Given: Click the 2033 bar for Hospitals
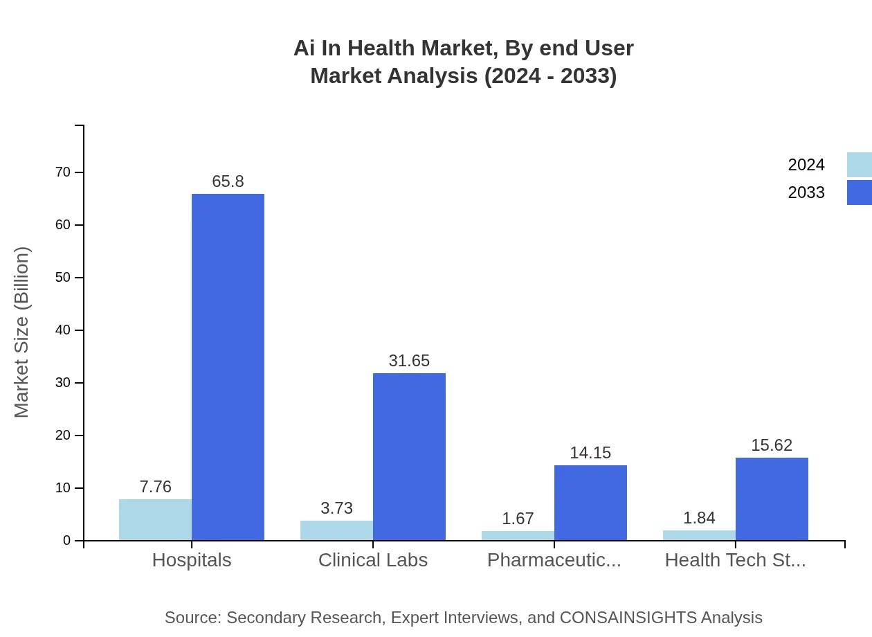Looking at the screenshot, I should click(x=228, y=367).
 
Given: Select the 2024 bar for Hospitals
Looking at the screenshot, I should click(x=155, y=520).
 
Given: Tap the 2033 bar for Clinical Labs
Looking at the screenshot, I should click(x=409, y=457).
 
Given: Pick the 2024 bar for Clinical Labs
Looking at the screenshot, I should click(x=336, y=530).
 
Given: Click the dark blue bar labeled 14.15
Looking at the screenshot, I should click(x=590, y=503).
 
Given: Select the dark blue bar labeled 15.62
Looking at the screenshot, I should click(x=772, y=499).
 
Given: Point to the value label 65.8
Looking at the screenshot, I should click(x=228, y=181).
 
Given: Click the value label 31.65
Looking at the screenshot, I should click(x=409, y=361).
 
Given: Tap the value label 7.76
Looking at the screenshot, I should click(x=155, y=487).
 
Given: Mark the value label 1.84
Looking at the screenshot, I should click(x=699, y=518).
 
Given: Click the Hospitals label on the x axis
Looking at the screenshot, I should click(x=192, y=560).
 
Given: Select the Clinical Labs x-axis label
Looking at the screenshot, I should click(x=373, y=560).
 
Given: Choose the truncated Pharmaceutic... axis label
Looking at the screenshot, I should click(x=554, y=560).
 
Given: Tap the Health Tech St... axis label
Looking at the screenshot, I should click(x=735, y=560).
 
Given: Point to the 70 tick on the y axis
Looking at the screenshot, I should click(x=63, y=172).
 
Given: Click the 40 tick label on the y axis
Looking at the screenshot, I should click(x=63, y=330).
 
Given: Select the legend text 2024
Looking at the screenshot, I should click(x=806, y=165).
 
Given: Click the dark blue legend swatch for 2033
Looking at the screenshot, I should click(x=859, y=192).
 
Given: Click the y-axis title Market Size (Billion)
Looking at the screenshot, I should click(x=21, y=332).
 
